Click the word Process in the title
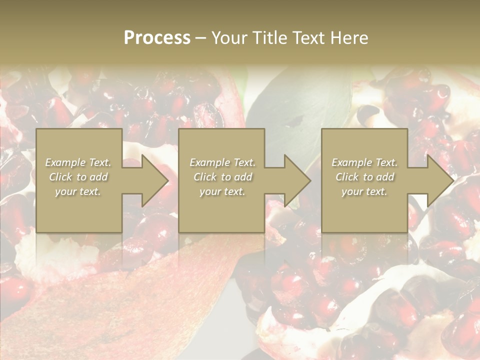[157, 38]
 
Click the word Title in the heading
[269, 38]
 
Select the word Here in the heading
[351, 38]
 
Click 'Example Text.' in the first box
[78, 162]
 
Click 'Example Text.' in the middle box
[222, 162]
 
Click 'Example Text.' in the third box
[364, 162]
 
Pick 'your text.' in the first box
[78, 191]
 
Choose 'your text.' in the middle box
[222, 191]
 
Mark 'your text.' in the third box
[364, 191]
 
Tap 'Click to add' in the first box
[78, 177]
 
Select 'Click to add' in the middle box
[222, 177]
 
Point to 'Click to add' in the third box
[364, 177]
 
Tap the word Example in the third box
[352, 162]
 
